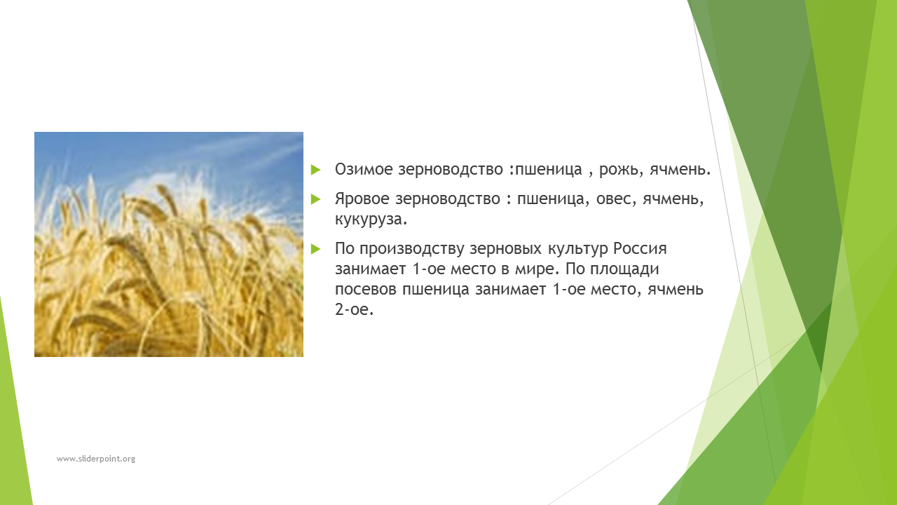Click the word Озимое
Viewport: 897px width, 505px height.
[364, 169]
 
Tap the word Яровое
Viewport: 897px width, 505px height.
[362, 198]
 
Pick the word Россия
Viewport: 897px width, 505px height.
[641, 248]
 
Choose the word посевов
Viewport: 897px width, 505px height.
[366, 290]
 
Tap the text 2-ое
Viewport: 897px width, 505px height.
[354, 309]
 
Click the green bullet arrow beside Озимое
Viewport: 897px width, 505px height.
[316, 170]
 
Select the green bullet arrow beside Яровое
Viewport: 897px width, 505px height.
[316, 199]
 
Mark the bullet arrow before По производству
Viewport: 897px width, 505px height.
[316, 249]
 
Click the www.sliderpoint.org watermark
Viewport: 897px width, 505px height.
[96, 459]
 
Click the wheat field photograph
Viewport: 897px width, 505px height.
[169, 245]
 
